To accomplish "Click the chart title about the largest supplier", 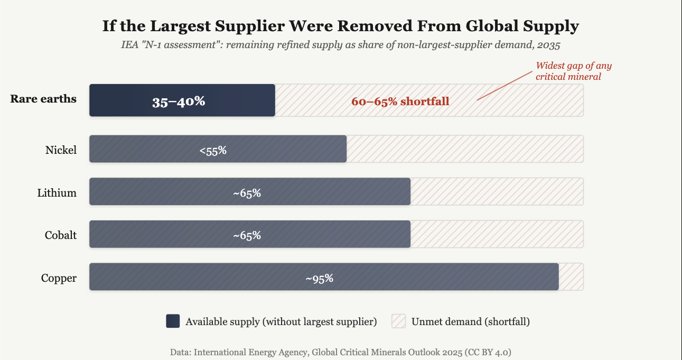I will click(340, 26).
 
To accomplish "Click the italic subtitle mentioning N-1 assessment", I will click(340, 44).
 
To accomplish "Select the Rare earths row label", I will click(43, 99).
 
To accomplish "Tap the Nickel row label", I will click(61, 150).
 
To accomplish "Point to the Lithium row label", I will click(57, 193).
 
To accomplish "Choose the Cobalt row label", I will click(60, 235).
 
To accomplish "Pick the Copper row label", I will click(59, 278).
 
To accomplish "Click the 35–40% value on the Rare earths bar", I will click(179, 101).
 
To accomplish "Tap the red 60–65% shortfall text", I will click(400, 101).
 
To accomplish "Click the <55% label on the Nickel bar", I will click(213, 151).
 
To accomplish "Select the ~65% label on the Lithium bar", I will click(247, 193).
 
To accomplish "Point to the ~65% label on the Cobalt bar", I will click(247, 236).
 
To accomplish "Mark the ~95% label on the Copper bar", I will click(319, 279).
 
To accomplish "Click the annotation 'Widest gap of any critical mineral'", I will click(573, 71).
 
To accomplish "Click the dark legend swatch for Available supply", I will click(173, 321).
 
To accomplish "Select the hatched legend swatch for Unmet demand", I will click(398, 321).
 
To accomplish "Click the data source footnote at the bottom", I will click(340, 352).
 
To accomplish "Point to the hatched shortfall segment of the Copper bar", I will click(571, 276).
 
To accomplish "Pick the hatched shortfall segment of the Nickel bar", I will click(465, 149).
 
